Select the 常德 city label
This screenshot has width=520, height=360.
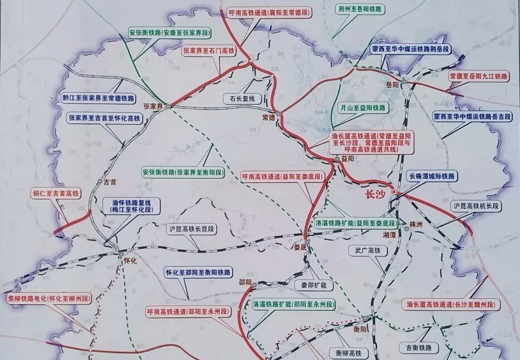coord(269,118)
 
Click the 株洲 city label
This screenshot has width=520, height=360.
coord(416,223)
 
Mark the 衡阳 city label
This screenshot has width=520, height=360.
coord(361,328)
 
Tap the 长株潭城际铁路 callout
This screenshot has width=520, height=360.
coord(431,176)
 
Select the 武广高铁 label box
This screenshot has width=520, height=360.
coord(367,251)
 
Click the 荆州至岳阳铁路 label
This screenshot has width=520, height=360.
coord(361,9)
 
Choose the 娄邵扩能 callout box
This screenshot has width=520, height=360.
coord(313,285)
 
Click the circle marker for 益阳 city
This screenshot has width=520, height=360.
coord(337,160)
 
